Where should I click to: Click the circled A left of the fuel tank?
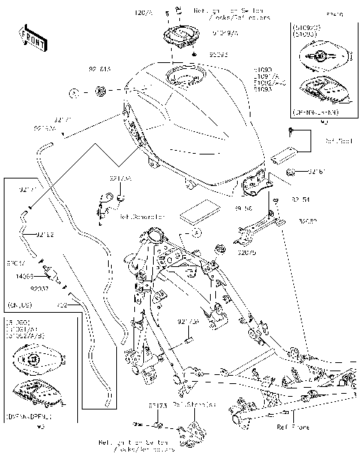(x=74, y=92)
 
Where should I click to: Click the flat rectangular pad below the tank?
(x=201, y=211)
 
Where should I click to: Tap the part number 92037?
(x=39, y=287)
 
